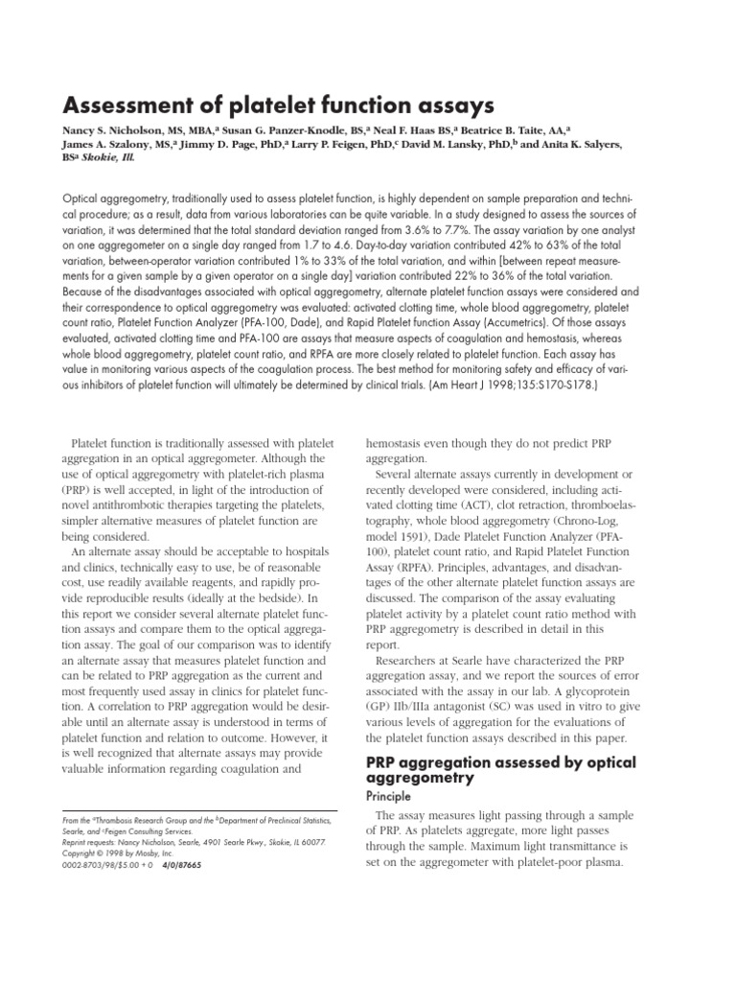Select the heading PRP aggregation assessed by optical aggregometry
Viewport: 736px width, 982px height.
pos(488,769)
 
